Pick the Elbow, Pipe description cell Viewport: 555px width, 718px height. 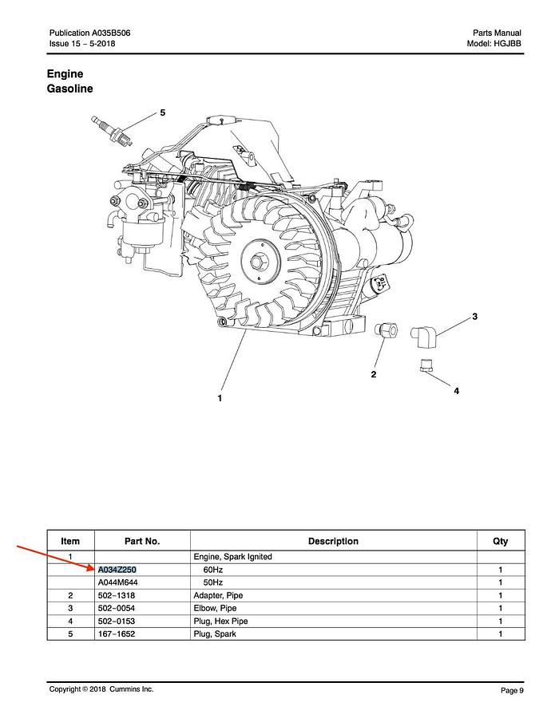point(215,608)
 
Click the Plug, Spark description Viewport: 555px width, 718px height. point(215,633)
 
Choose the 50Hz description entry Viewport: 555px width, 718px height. point(212,582)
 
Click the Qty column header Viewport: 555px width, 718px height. point(500,541)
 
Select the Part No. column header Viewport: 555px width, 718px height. point(142,541)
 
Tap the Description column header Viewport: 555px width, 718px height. point(333,541)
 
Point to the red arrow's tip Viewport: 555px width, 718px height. point(95,569)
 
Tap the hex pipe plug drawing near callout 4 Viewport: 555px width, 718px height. point(426,365)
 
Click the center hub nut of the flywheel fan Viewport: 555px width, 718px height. point(260,261)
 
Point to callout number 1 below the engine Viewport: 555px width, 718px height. point(220,398)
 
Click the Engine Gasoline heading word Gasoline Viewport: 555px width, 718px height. point(69,89)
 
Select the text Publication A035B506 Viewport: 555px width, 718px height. point(90,33)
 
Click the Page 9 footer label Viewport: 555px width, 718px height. point(512,690)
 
